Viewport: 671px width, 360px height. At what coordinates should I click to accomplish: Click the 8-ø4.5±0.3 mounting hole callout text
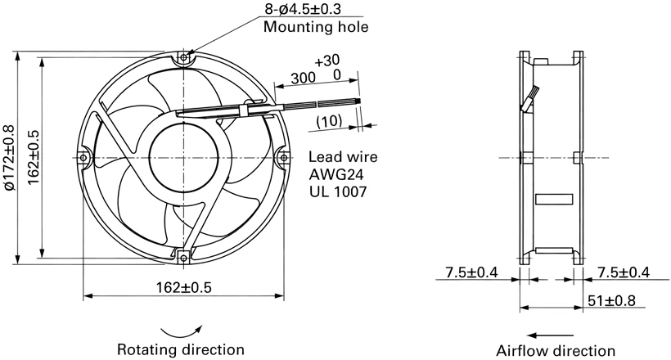pyautogui.click(x=303, y=8)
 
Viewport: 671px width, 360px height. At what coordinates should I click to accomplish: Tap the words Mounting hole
pyautogui.click(x=315, y=26)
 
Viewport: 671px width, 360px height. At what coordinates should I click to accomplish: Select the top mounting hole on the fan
pyautogui.click(x=183, y=57)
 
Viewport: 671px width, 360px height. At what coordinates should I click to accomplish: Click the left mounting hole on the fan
pyautogui.click(x=83, y=158)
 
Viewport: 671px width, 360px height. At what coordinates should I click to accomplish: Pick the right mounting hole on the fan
pyautogui.click(x=284, y=158)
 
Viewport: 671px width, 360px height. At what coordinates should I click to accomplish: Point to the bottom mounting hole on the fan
pyautogui.click(x=183, y=257)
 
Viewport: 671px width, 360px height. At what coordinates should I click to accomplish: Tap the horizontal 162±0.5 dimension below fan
pyautogui.click(x=183, y=287)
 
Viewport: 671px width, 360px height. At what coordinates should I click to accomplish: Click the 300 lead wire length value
pyautogui.click(x=303, y=78)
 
